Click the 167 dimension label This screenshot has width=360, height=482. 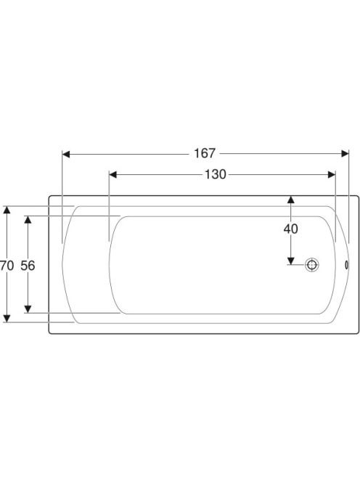[x=205, y=153]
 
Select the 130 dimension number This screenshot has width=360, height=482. [x=216, y=174]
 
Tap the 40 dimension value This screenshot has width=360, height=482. [x=290, y=229]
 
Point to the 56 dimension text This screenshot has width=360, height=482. [x=28, y=265]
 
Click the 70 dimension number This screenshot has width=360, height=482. [x=7, y=265]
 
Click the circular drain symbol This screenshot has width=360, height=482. [x=311, y=265]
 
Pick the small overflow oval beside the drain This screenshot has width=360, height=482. [x=347, y=265]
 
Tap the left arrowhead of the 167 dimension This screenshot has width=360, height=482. [x=66, y=154]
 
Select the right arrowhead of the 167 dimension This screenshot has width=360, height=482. [x=345, y=153]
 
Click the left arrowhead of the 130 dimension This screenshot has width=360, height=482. [x=112, y=175]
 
